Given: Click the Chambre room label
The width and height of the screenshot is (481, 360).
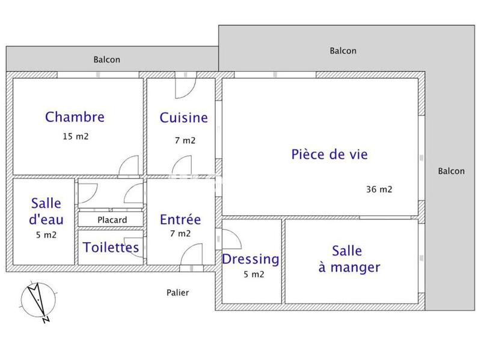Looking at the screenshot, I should click(x=75, y=117).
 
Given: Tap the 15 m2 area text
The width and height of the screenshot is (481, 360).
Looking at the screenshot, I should click(x=75, y=136).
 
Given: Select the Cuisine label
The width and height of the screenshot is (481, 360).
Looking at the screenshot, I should click(x=183, y=118).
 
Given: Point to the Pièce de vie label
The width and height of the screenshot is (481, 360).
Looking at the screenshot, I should click(x=329, y=154).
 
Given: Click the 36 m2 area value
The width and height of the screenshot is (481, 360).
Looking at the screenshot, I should click(x=379, y=189).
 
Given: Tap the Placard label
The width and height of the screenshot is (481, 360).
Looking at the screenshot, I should click(x=112, y=220).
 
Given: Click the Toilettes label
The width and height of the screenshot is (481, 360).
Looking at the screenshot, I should click(x=111, y=247).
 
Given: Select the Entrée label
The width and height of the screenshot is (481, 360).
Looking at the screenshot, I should click(x=180, y=219).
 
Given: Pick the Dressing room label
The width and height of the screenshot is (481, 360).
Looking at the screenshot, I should click(x=251, y=259).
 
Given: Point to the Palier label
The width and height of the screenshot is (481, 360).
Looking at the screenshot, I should click(x=177, y=293).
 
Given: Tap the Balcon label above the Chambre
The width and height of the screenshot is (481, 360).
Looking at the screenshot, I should click(x=106, y=59).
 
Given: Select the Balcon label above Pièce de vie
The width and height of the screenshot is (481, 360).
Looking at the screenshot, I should click(x=343, y=51).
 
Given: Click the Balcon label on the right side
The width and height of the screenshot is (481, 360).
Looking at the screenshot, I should click(x=451, y=171).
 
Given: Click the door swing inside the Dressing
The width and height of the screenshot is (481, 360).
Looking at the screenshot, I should click(x=231, y=241).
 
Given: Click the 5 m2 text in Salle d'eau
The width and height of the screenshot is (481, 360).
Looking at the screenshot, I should click(x=46, y=235).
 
